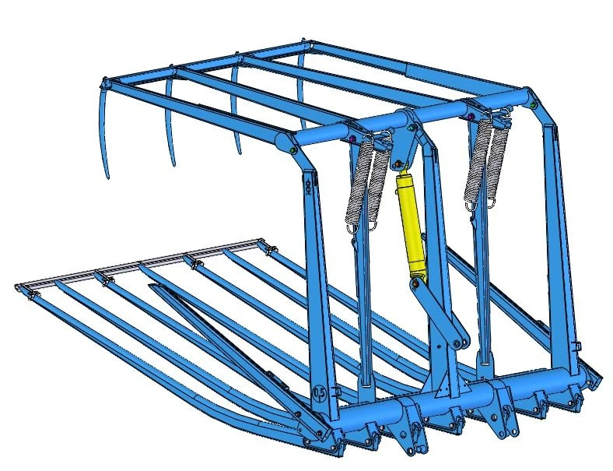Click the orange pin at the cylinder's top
401,164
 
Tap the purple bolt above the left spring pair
351,141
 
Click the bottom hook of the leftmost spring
352,227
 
